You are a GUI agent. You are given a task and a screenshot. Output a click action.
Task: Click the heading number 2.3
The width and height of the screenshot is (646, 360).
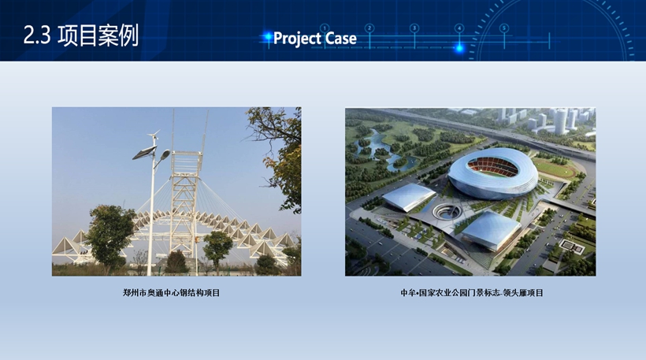click(37, 35)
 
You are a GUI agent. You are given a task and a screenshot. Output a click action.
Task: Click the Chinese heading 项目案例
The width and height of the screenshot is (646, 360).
click(98, 35)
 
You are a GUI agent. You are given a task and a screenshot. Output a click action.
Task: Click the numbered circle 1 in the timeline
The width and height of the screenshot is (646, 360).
click(325, 28)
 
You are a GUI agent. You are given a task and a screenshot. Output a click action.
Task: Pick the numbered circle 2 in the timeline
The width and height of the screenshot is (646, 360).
click(369, 28)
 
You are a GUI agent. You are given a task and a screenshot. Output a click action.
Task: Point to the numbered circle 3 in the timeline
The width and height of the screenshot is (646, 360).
click(414, 28)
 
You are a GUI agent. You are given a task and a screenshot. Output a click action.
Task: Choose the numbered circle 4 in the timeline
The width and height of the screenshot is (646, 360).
click(459, 28)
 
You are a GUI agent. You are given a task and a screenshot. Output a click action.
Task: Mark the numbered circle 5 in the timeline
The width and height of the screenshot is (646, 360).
click(504, 28)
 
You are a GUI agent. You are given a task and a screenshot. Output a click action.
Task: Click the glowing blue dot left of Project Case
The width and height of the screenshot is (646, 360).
click(268, 38)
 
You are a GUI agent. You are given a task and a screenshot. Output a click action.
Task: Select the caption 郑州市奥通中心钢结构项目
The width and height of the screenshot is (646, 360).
click(172, 293)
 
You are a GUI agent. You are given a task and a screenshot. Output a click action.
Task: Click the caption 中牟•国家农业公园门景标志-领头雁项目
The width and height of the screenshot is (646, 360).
click(472, 293)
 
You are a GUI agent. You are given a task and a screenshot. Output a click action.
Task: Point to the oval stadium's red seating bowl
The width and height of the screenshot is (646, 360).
click(492, 167)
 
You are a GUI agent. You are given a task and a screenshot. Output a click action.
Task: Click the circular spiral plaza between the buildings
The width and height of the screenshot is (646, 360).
click(448, 212)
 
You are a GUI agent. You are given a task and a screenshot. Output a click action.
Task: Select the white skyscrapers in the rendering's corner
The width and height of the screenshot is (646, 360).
click(552, 119)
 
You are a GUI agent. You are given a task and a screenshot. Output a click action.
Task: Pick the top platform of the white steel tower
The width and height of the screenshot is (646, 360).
click(187, 154)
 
